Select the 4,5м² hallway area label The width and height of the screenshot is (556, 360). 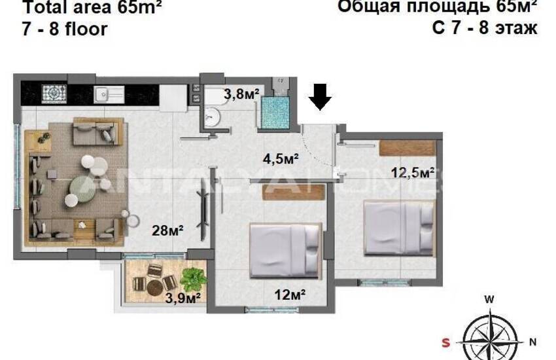(x=281, y=159)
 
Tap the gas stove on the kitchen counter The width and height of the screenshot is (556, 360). (x=51, y=94)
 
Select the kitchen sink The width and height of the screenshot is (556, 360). (x=105, y=94)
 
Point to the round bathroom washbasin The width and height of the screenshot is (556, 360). (x=212, y=117)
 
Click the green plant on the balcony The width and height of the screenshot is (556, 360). (x=194, y=278)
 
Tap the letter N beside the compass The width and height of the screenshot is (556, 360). (x=532, y=341)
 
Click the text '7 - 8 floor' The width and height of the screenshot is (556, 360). (x=65, y=29)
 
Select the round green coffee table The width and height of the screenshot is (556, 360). (x=82, y=187)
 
